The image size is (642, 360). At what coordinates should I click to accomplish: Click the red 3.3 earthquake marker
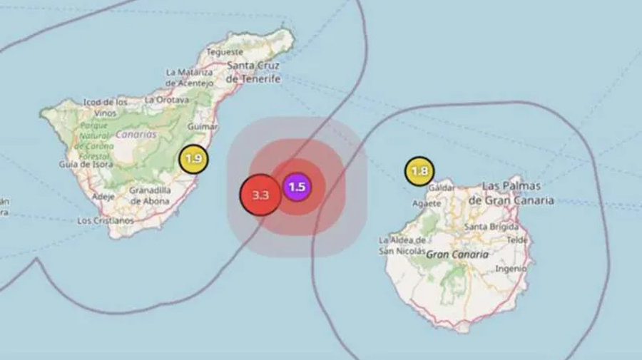click(260, 195)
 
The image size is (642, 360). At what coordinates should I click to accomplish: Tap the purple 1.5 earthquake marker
click(297, 187)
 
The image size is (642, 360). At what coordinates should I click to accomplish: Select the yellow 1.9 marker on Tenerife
click(193, 159)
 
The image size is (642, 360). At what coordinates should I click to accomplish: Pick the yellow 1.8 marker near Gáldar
click(419, 171)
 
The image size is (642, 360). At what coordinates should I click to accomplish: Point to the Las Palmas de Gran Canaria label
click(511, 193)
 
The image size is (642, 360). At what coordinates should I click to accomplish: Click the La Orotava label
click(166, 100)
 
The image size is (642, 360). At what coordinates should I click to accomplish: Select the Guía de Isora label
click(86, 164)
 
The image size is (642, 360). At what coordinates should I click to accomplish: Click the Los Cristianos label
click(105, 221)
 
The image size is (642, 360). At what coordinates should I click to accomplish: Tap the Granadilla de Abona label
click(150, 195)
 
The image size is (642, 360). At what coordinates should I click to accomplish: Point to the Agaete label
click(427, 202)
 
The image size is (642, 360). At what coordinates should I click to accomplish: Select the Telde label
click(516, 240)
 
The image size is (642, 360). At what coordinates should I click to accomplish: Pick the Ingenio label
click(509, 269)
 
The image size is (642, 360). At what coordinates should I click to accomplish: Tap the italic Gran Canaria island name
click(458, 254)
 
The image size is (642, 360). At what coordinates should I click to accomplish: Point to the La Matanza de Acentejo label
click(189, 78)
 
